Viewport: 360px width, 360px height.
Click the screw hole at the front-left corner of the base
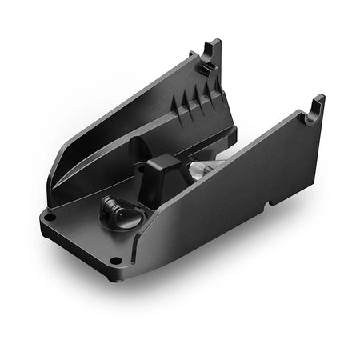(50, 217)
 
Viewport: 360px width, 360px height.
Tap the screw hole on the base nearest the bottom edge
(116, 260)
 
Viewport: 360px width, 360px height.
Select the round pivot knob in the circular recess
(110, 212)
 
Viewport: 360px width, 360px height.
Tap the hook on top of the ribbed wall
(211, 53)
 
